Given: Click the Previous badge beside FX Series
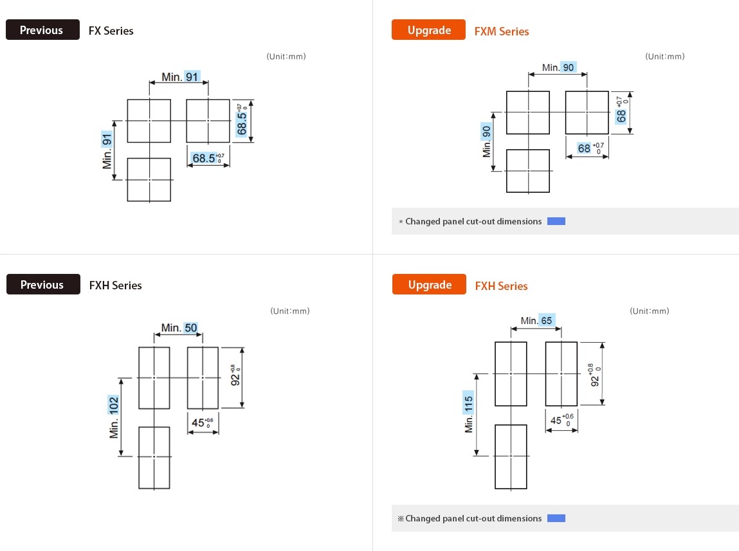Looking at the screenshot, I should pos(42,30).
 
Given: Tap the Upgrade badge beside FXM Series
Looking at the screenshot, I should pos(428,30).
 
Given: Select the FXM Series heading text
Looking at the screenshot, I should pos(502,32).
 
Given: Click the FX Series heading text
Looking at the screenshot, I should pos(111,31).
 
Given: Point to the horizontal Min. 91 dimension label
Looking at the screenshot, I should pos(180,77).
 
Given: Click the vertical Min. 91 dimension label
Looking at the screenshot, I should pos(107,150).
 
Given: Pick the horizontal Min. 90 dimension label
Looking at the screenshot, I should pos(559,68).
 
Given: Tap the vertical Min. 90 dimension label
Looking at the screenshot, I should pos(487,141).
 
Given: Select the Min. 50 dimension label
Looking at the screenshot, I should pos(179,328).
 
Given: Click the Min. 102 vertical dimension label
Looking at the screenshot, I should pos(114,417).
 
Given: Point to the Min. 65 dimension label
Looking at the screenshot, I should pos(536,320).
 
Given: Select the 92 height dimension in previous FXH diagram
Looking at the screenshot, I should pos(236,375).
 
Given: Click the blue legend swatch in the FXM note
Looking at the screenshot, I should pos(556,221).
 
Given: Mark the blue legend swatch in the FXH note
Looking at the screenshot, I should pos(556,518).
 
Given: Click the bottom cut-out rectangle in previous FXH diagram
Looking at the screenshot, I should pos(154,457).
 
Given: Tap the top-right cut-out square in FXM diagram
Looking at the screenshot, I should pos(587,113).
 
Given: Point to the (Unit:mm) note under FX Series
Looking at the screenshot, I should pos(286,57).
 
